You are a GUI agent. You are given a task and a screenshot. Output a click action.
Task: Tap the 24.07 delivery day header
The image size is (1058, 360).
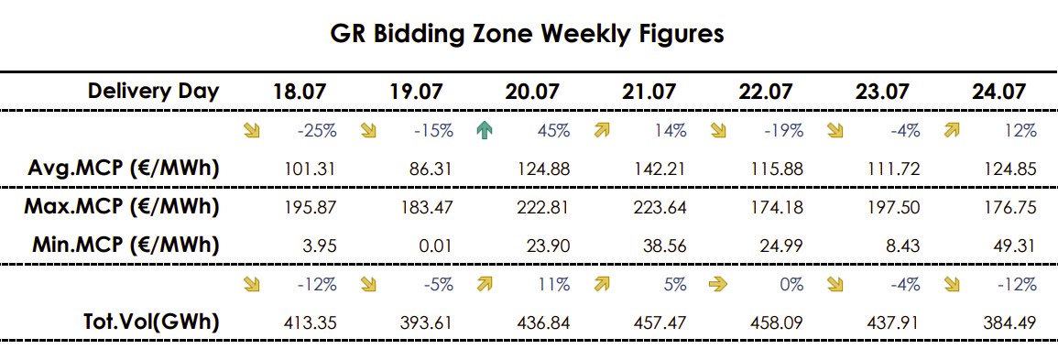coord(998,91)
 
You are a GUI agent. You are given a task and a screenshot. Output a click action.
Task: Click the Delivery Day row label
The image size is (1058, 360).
coord(154,91)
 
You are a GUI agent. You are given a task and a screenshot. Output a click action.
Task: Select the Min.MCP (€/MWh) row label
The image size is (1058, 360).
coord(125,245)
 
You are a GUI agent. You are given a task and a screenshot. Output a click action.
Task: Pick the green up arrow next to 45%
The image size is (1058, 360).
coord(485,131)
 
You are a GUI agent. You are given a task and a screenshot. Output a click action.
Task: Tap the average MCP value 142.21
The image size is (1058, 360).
coord(660,169)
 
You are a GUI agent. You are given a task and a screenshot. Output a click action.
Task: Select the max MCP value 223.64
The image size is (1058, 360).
coord(660,208)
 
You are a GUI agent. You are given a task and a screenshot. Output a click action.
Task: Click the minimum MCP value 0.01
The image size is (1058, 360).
coord(434,246)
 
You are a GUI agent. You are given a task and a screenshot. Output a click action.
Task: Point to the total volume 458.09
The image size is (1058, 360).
coord(777,323)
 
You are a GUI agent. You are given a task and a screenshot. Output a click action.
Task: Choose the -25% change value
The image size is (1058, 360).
coord(316,131)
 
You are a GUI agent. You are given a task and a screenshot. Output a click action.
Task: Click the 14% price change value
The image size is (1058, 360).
coord(671,131)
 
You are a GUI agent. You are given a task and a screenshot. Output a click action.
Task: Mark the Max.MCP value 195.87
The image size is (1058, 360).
coord(310,208)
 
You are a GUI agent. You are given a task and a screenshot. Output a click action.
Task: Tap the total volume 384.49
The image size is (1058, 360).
coord(1009,323)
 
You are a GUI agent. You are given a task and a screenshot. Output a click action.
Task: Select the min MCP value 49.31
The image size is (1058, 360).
coord(1013,246)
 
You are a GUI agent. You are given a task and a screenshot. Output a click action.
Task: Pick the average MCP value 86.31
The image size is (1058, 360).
coord(431,169)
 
